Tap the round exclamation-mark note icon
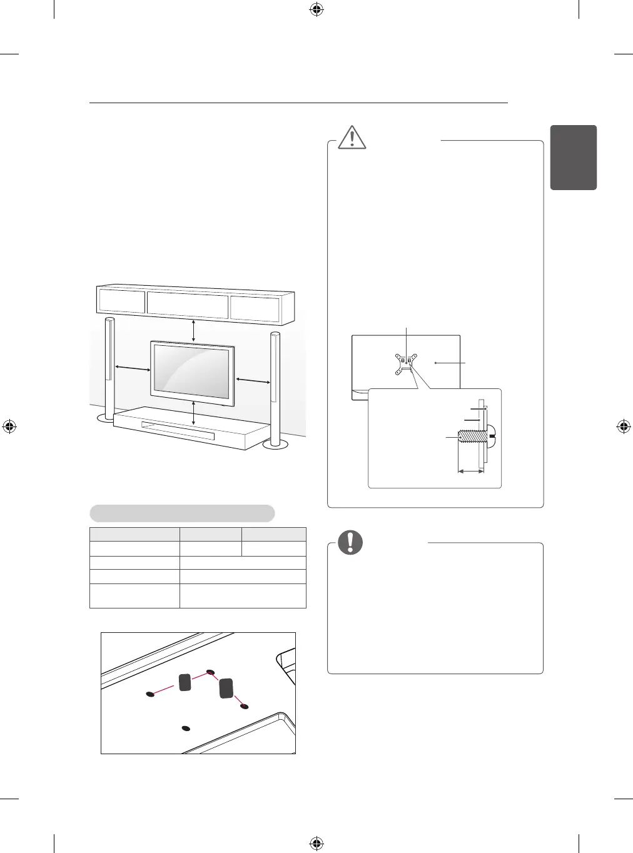(x=350, y=542)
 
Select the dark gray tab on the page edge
(x=573, y=157)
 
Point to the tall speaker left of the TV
(x=110, y=369)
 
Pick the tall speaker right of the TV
(x=275, y=388)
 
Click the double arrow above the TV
(x=194, y=330)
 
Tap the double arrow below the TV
(x=194, y=414)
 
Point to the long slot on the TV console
(x=178, y=432)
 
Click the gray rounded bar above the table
(x=182, y=513)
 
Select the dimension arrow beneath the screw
(x=471, y=472)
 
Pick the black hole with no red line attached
(x=185, y=728)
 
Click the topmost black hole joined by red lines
(x=210, y=673)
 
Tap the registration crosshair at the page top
(x=316, y=9)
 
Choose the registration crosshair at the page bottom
(x=316, y=844)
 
